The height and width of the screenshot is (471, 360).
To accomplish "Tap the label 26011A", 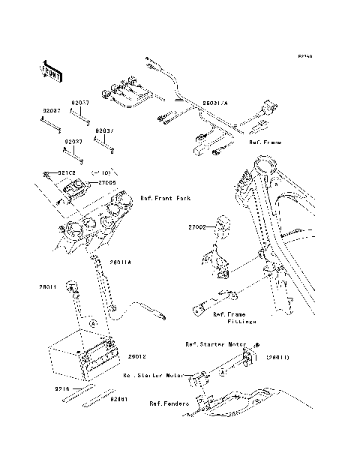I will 120,262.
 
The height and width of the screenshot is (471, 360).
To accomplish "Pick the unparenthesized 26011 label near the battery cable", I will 48,286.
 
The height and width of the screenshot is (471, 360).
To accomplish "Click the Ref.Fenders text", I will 167,403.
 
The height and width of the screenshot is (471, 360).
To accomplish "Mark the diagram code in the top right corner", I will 304,55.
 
